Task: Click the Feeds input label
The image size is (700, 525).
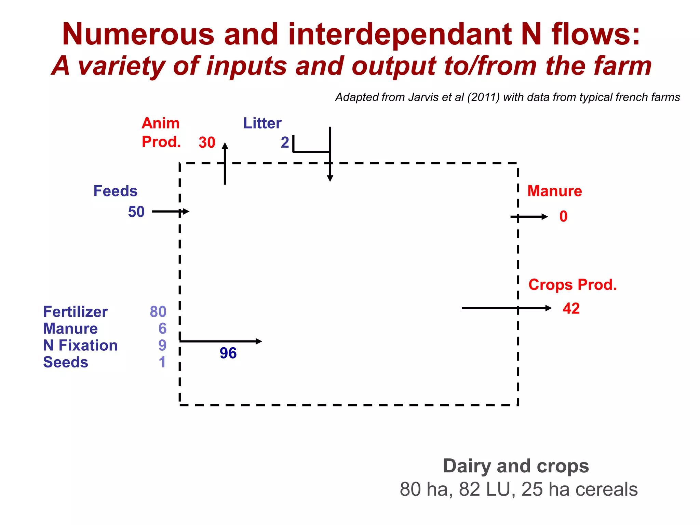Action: pyautogui.click(x=115, y=191)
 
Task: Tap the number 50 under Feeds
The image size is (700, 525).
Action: pyautogui.click(x=136, y=212)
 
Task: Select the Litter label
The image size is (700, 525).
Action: pyautogui.click(x=262, y=123)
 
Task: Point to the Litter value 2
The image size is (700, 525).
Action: pyautogui.click(x=285, y=143)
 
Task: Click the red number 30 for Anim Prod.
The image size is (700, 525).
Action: pyautogui.click(x=207, y=143)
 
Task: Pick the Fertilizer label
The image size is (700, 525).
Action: pyautogui.click(x=75, y=312)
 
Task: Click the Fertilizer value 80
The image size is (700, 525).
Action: pyautogui.click(x=158, y=312)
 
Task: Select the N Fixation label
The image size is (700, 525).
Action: pyautogui.click(x=80, y=346)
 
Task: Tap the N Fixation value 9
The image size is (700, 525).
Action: pyautogui.click(x=162, y=346)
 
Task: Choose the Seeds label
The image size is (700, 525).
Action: pyautogui.click(x=66, y=362)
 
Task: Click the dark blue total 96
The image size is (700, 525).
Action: pyautogui.click(x=228, y=353)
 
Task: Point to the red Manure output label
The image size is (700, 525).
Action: pyautogui.click(x=554, y=191)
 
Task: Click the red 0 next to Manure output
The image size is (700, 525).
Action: pyautogui.click(x=563, y=217)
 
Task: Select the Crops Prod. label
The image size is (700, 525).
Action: pyautogui.click(x=573, y=285)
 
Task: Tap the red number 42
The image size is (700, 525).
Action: pyautogui.click(x=571, y=309)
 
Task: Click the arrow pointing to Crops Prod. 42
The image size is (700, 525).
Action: pyautogui.click(x=506, y=308)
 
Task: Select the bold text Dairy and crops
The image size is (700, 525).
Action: pyautogui.click(x=516, y=466)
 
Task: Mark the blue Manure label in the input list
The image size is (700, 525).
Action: pyautogui.click(x=70, y=329)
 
